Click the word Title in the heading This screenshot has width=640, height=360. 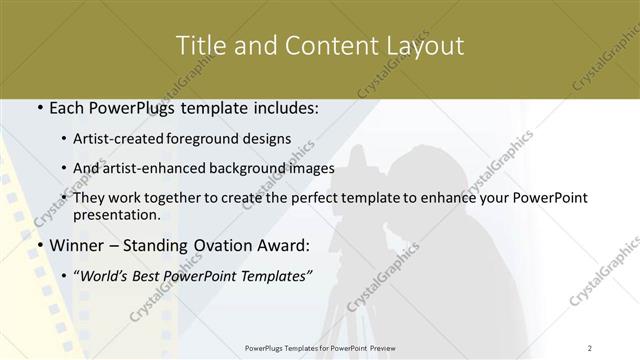[200, 46]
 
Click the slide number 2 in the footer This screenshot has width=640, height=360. [590, 347]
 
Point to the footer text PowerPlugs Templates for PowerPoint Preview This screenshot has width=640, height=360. [320, 347]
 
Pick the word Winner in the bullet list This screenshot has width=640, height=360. [77, 245]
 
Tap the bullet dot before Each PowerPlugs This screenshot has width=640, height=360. [39, 107]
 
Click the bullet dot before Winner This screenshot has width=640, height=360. [39, 245]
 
